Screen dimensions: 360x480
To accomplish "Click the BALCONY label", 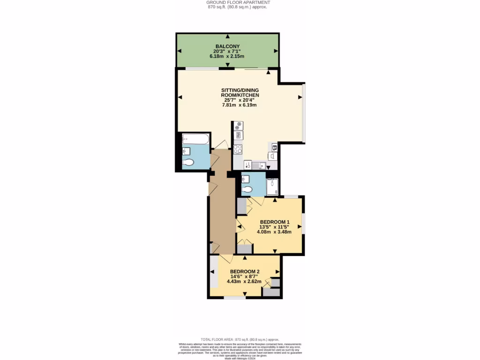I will pos(227,46).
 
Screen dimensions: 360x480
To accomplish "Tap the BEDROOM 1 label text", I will pos(274,222).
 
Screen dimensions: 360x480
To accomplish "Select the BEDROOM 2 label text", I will pos(245,271).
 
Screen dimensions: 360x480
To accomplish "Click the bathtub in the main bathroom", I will pos(196,138).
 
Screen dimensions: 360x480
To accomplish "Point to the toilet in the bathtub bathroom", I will pos(188,162).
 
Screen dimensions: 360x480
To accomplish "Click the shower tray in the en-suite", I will pos(272,187).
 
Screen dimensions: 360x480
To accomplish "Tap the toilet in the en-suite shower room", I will pos(247,190).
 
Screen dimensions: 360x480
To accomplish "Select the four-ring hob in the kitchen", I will pos(238,150).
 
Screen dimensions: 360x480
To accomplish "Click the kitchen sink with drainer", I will pos(258,165).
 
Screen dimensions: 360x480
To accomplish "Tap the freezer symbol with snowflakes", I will pos(238,126).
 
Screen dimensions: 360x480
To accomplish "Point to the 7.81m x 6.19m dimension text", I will pos(240,105).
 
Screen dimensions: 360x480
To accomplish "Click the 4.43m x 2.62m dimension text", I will pos(244,282).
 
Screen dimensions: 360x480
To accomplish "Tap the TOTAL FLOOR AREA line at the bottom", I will pos(240,339).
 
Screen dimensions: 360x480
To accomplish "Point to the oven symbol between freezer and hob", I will pos(238,135).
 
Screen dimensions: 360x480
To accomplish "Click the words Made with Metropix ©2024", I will pos(240,359).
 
